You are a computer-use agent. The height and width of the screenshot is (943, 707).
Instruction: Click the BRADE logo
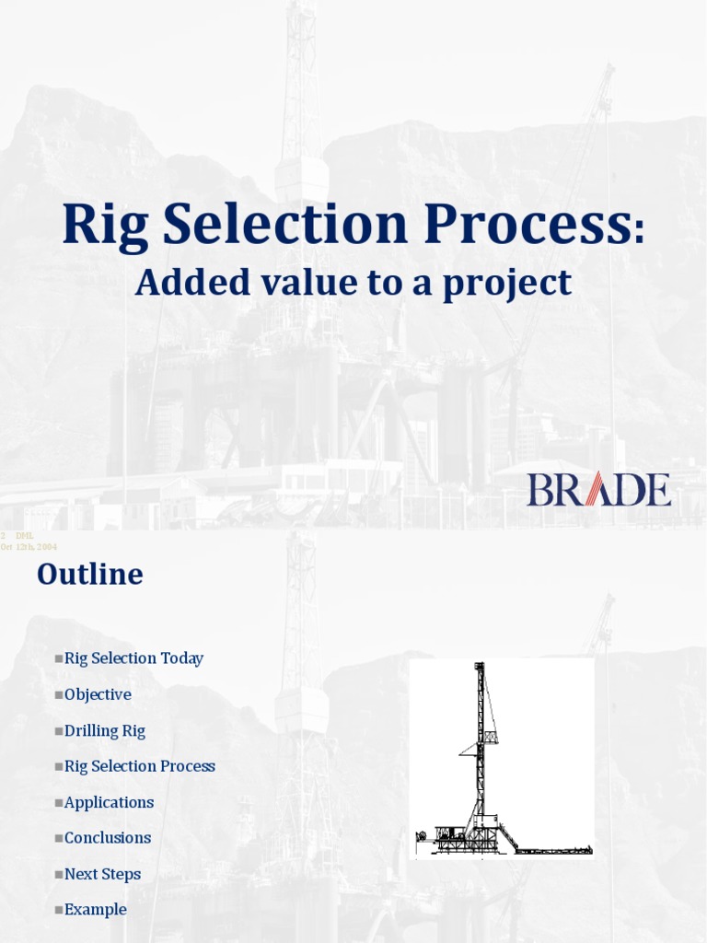(598, 489)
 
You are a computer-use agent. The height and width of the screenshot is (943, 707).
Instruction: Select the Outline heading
(90, 575)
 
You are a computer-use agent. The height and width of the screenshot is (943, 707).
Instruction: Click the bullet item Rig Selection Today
(133, 658)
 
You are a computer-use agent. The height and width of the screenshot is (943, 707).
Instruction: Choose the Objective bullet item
(98, 694)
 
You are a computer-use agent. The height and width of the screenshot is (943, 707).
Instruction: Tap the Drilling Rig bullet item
(105, 730)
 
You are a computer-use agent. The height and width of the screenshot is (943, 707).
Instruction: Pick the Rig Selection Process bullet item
(140, 766)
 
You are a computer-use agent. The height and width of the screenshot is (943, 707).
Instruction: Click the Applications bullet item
(109, 802)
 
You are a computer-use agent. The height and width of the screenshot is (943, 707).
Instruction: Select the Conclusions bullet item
(108, 838)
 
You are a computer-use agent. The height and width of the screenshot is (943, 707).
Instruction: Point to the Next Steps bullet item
(102, 874)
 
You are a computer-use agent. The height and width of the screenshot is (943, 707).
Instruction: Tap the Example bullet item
(95, 910)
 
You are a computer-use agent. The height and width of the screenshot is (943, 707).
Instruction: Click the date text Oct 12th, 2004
(29, 547)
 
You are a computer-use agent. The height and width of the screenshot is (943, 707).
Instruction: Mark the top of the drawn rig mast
(479, 666)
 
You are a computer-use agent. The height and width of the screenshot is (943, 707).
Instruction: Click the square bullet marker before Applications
(59, 803)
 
